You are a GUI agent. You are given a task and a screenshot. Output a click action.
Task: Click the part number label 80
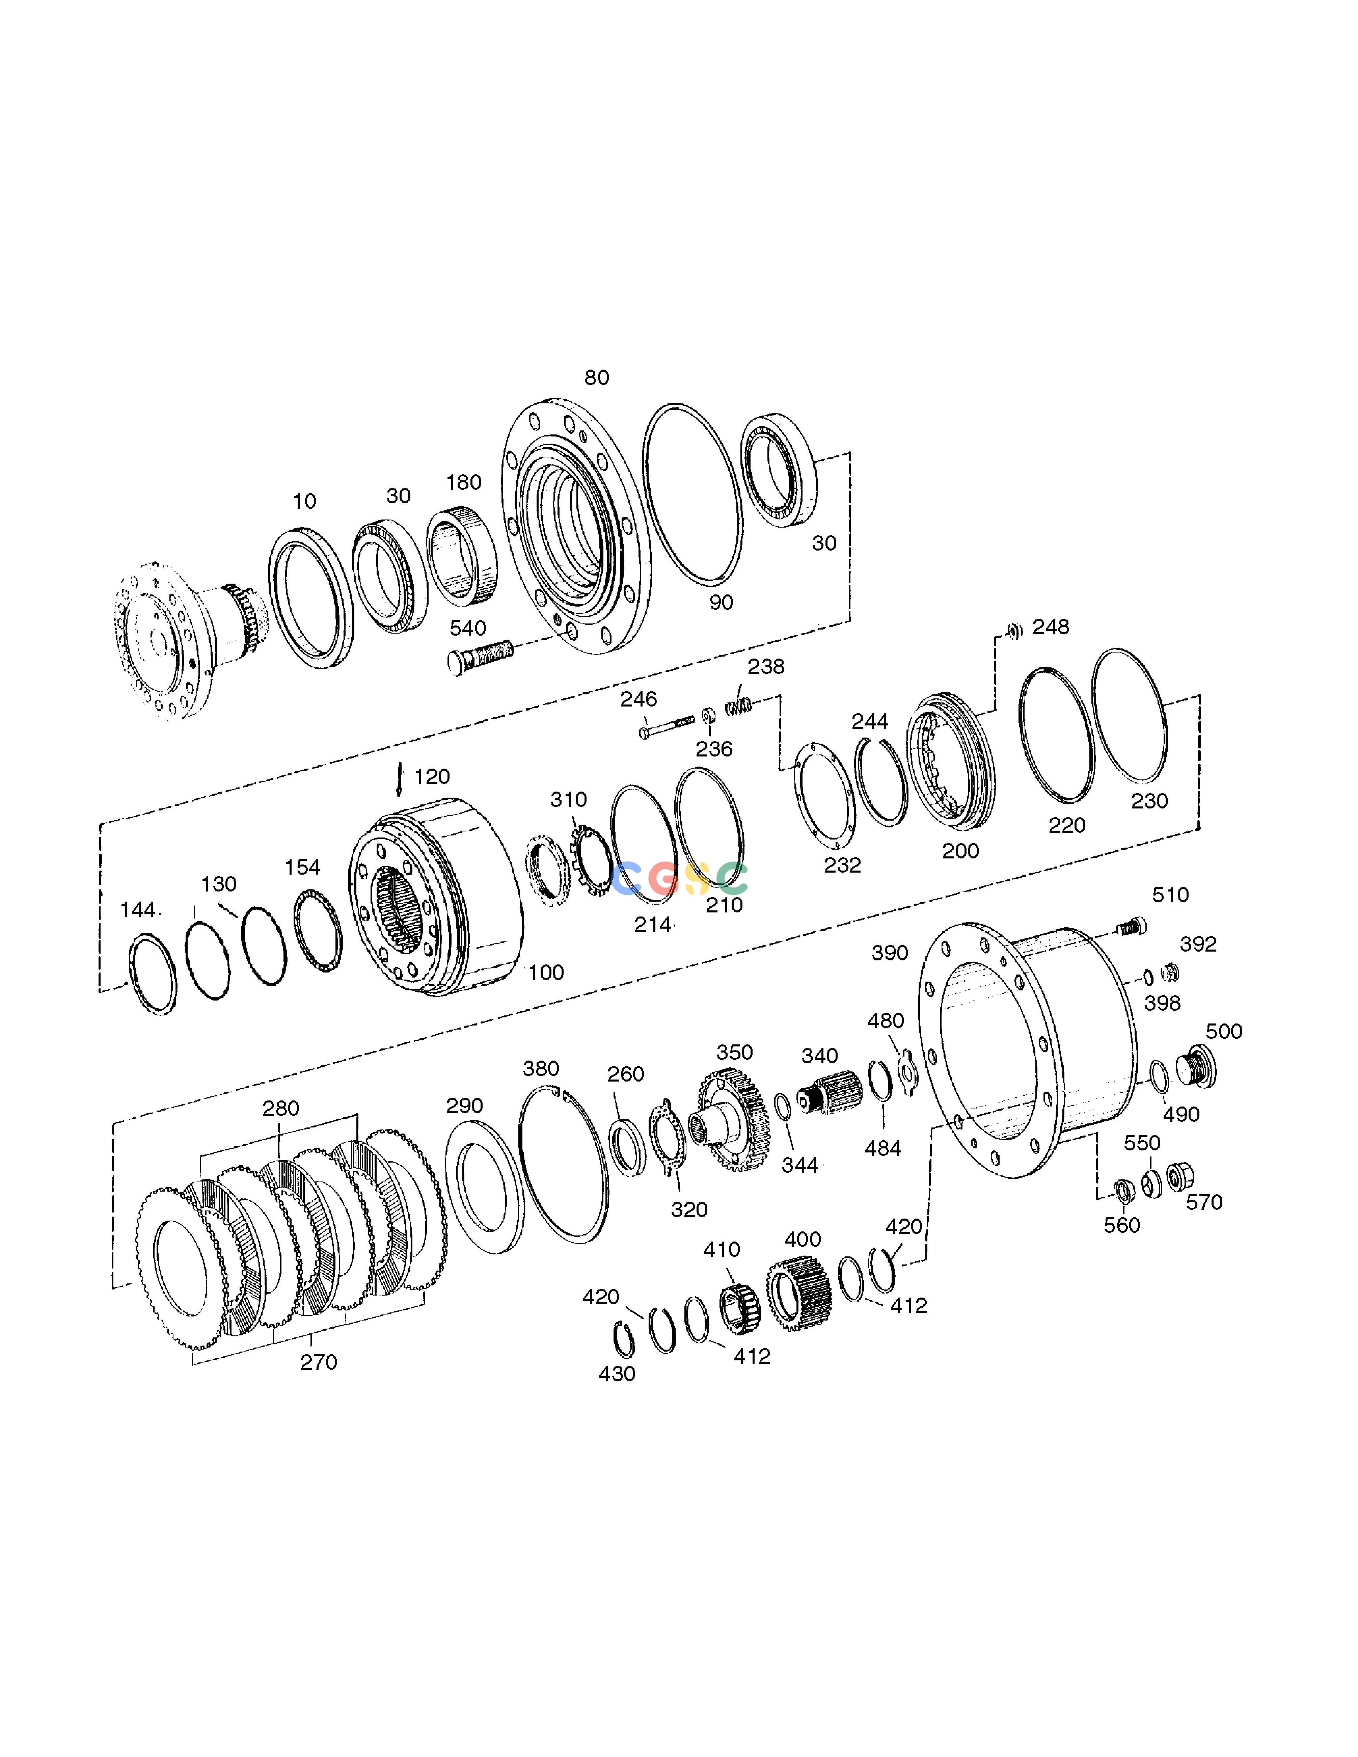596,377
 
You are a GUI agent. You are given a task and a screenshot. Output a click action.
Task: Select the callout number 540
467,628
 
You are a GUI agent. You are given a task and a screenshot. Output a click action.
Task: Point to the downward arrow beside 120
399,780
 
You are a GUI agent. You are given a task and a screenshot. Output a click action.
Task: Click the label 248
1051,627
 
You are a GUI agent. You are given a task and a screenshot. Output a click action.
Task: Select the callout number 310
569,800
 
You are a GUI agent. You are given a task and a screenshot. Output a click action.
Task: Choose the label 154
302,867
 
